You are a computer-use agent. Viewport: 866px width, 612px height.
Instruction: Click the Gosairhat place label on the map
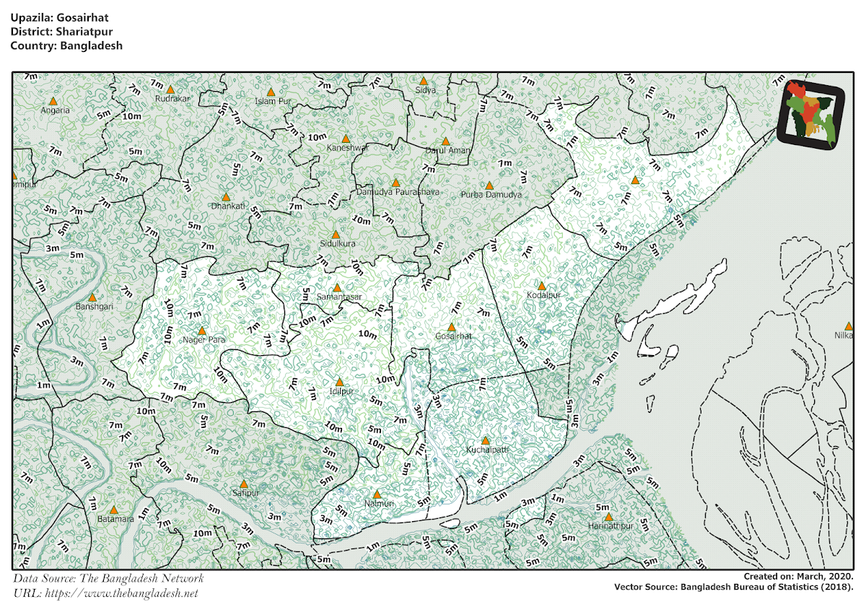click(454, 336)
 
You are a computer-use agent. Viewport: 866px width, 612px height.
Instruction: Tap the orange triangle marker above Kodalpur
click(542, 286)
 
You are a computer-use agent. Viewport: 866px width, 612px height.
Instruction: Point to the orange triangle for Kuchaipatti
click(485, 440)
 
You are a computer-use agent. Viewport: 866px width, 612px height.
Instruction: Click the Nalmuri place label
click(377, 503)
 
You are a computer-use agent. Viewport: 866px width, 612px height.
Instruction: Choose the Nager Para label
click(204, 339)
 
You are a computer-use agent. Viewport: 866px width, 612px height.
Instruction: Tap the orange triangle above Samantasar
click(336, 287)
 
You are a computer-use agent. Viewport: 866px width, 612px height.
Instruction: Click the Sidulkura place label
click(338, 244)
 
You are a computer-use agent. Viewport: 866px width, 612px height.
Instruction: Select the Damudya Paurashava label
click(393, 192)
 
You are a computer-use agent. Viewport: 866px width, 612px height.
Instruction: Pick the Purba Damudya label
click(491, 195)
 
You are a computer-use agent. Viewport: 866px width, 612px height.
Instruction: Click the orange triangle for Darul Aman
click(446, 141)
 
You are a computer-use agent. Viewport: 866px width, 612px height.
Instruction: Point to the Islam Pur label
click(273, 101)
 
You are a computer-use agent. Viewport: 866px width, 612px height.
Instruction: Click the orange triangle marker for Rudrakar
click(170, 89)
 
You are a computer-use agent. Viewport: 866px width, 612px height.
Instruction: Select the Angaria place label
click(55, 110)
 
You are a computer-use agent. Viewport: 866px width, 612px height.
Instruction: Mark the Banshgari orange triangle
click(92, 297)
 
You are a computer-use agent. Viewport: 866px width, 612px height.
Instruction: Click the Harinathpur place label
click(610, 526)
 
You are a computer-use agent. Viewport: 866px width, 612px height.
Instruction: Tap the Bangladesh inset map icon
click(813, 113)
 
